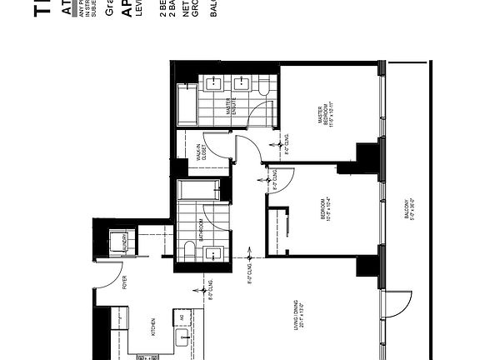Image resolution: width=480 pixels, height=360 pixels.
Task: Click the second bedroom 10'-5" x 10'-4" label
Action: click(325, 213)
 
